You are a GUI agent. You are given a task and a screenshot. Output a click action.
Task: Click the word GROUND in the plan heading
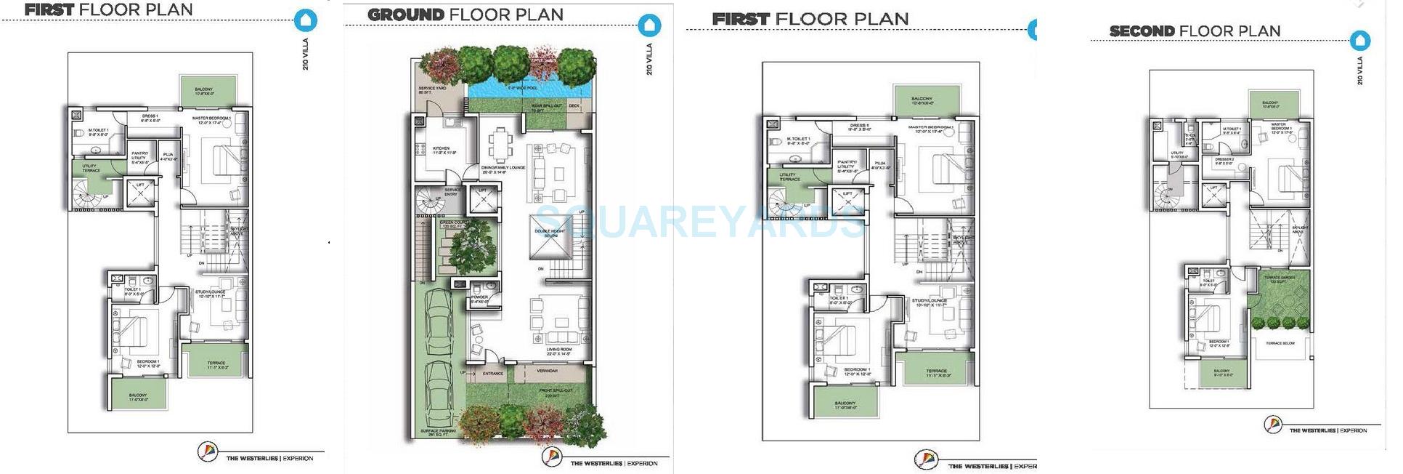coord(405,15)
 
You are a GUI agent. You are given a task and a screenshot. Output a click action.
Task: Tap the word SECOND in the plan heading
coord(1142,31)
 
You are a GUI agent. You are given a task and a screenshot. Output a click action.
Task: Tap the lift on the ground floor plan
coord(482,200)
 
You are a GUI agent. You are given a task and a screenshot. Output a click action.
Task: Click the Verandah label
coord(548,371)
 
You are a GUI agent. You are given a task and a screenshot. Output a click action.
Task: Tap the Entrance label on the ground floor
coord(493,374)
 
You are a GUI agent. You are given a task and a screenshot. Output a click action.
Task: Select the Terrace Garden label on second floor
coord(1279,279)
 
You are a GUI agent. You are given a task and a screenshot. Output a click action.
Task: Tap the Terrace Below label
coord(1280,343)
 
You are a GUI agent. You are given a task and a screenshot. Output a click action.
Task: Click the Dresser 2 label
coord(1224,161)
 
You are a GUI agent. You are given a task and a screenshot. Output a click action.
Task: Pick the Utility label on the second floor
coord(1178,155)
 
